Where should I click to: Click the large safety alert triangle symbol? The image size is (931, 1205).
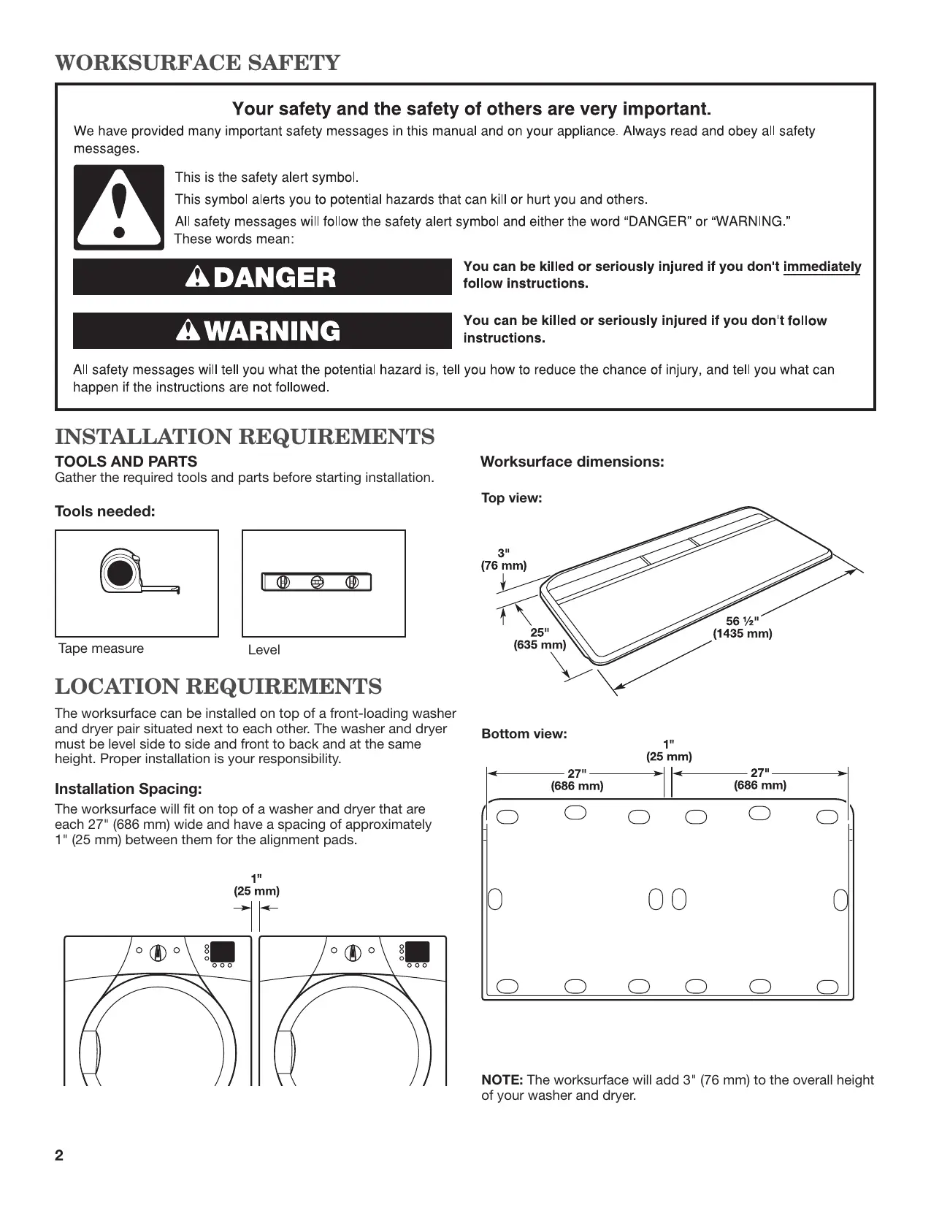[x=119, y=207]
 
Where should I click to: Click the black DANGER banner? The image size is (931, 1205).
[x=262, y=277]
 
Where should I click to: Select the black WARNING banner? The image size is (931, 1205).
[x=262, y=331]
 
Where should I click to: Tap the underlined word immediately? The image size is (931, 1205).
[x=821, y=267]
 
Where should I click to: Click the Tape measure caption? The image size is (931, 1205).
[x=101, y=649]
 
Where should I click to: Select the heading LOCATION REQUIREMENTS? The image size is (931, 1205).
[x=218, y=686]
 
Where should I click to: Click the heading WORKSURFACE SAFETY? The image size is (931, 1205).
[x=197, y=63]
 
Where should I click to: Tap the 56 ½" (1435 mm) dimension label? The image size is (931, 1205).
[x=742, y=627]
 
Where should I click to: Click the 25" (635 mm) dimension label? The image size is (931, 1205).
[x=540, y=638]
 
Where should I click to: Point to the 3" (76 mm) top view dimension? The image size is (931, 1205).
[x=504, y=559]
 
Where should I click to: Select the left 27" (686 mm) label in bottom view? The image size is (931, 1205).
[x=577, y=780]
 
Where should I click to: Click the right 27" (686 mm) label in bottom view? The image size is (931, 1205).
[x=760, y=779]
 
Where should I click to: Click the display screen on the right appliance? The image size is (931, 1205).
[x=418, y=952]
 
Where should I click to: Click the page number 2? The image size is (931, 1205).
[x=59, y=1155]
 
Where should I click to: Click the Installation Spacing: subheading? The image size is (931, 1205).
[x=128, y=789]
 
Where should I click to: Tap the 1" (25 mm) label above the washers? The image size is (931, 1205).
[x=256, y=884]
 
